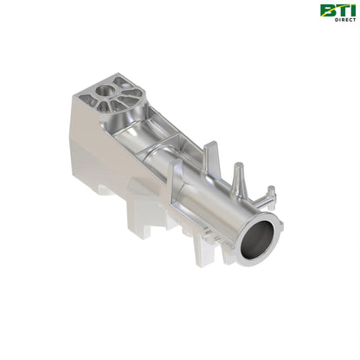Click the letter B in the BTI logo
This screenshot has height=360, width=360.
click(x=326, y=10)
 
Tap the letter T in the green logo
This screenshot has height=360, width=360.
click(x=337, y=10)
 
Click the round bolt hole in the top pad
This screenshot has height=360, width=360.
click(x=105, y=89)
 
